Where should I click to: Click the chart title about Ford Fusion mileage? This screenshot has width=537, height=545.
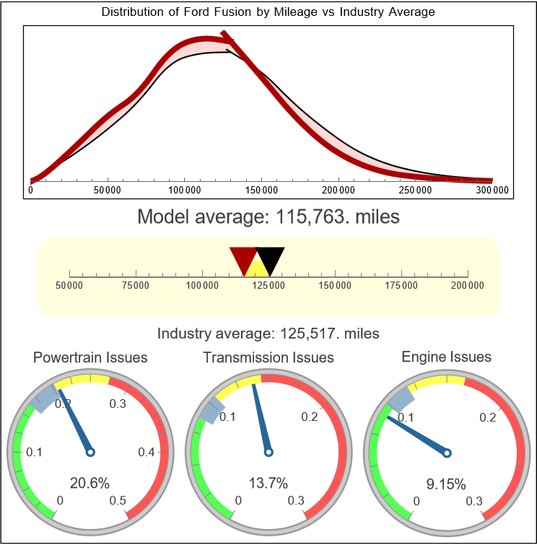pos(268,12)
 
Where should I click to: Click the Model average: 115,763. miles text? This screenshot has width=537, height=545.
pos(268,217)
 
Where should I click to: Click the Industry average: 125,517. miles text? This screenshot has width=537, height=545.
pos(268,333)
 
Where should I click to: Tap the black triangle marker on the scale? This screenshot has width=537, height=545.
pos(271,258)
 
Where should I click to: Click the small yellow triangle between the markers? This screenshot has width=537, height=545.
pos(256,269)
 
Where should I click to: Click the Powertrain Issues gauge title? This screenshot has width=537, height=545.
pos(91,357)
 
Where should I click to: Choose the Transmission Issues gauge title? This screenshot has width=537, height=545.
pos(268,357)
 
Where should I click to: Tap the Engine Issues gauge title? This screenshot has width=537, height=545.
pos(446,357)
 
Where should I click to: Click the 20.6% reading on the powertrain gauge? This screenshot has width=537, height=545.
pos(89,483)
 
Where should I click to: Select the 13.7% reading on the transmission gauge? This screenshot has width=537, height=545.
pos(268,483)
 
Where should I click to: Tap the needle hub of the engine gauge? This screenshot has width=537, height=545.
pos(447,452)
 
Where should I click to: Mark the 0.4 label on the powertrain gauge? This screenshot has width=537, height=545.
pos(147,452)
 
